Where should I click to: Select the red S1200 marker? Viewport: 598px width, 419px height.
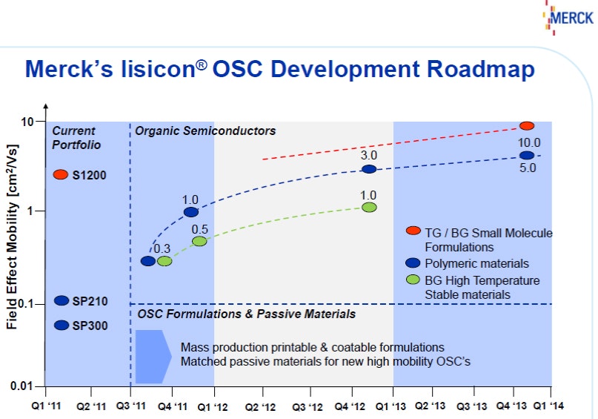[x=62, y=175]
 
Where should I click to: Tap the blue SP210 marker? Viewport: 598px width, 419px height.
[x=62, y=300]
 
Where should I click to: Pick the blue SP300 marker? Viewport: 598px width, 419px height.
[x=62, y=325]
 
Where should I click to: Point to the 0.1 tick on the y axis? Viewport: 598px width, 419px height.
[x=31, y=304]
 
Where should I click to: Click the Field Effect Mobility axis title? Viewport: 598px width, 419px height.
[x=13, y=252]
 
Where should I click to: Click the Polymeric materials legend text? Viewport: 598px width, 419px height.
[x=476, y=263]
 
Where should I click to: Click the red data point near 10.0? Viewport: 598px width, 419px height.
[x=527, y=126]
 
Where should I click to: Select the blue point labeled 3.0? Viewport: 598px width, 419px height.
[x=369, y=169]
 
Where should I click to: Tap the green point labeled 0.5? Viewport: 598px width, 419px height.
[x=199, y=241]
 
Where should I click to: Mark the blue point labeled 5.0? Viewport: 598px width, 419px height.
[x=527, y=155]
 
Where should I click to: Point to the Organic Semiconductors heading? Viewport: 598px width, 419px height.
[x=205, y=131]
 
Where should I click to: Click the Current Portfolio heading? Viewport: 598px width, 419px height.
[x=76, y=138]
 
